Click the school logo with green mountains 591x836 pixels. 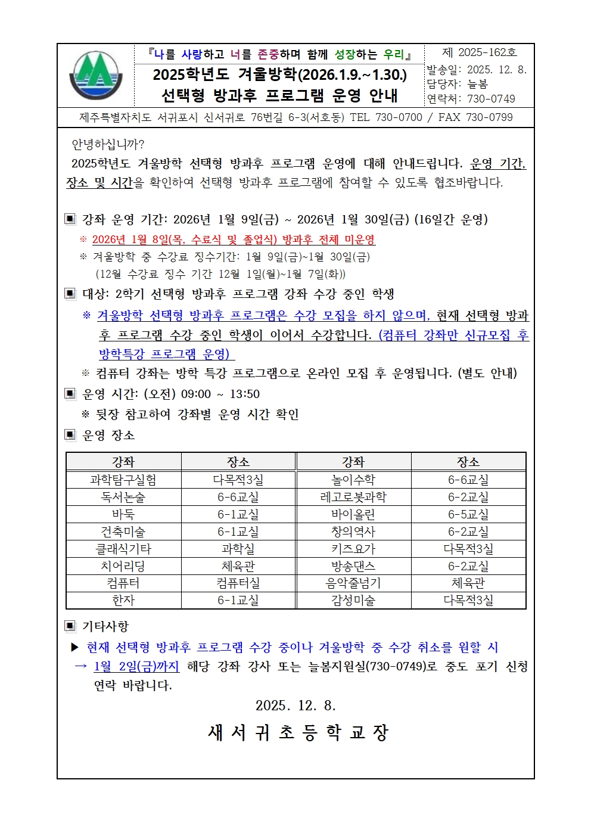tap(96, 76)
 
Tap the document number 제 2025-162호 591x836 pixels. tap(479, 52)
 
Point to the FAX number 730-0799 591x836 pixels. tap(489, 117)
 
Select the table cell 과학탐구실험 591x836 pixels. tap(123, 480)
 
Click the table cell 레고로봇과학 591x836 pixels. tap(353, 497)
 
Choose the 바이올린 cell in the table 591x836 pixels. tap(353, 514)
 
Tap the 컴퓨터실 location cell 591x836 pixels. tap(238, 583)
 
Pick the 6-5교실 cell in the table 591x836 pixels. tap(468, 514)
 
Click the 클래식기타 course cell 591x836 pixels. tap(123, 549)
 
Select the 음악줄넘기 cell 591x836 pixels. tap(353, 583)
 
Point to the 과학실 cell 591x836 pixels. tap(238, 549)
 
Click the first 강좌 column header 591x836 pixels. tap(123, 462)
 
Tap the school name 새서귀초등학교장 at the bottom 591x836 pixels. tap(298, 732)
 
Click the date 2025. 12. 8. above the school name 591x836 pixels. tap(295, 706)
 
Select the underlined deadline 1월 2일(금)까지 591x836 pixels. tap(136, 666)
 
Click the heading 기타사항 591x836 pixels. tap(105, 626)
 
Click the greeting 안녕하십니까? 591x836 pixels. tap(108, 144)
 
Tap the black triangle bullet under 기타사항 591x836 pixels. tap(75, 647)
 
